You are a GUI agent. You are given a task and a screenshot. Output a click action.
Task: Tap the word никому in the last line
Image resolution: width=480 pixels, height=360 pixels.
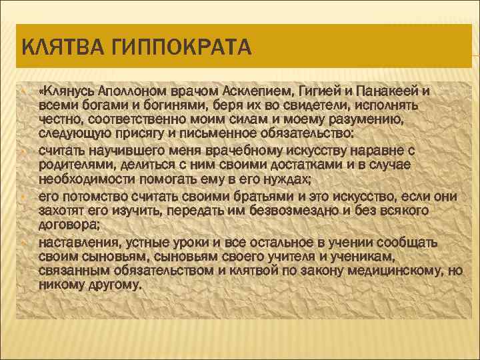coord(61,285)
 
